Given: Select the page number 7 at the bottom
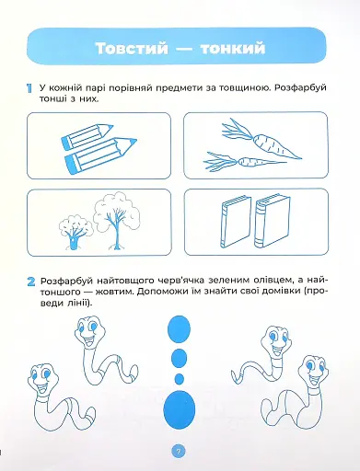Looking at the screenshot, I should pyautogui.click(x=180, y=450).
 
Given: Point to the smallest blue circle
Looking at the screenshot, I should pyautogui.click(x=179, y=377).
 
